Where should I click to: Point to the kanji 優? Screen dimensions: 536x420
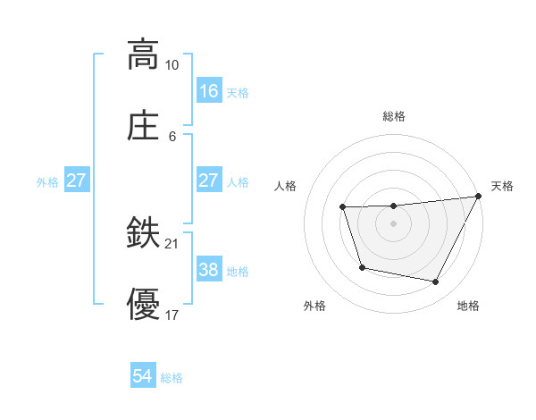pyautogui.click(x=143, y=304)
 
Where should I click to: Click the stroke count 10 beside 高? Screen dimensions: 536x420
pyautogui.click(x=172, y=65)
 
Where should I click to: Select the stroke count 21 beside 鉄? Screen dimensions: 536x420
pyautogui.click(x=172, y=243)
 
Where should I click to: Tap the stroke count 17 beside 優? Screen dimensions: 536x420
pyautogui.click(x=172, y=315)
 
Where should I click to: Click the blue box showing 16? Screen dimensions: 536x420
pyautogui.click(x=209, y=90)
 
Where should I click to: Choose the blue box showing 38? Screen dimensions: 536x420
pyautogui.click(x=209, y=270)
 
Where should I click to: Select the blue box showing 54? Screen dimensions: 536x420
pyautogui.click(x=143, y=376)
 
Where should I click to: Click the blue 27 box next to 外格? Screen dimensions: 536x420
pyautogui.click(x=77, y=181)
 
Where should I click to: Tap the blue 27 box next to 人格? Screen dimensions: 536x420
pyautogui.click(x=209, y=181)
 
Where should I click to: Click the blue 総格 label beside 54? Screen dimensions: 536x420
pyautogui.click(x=172, y=378)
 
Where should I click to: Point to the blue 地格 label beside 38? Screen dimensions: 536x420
pyautogui.click(x=239, y=272)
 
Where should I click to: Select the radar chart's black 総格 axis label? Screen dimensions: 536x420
pyautogui.click(x=394, y=116)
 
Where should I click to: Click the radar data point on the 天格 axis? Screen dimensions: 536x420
pyautogui.click(x=480, y=197)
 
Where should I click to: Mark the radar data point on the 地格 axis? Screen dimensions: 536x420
pyautogui.click(x=436, y=282)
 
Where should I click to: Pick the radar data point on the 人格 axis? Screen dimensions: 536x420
pyautogui.click(x=343, y=207)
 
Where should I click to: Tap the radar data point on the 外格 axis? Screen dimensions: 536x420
pyautogui.click(x=362, y=267)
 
